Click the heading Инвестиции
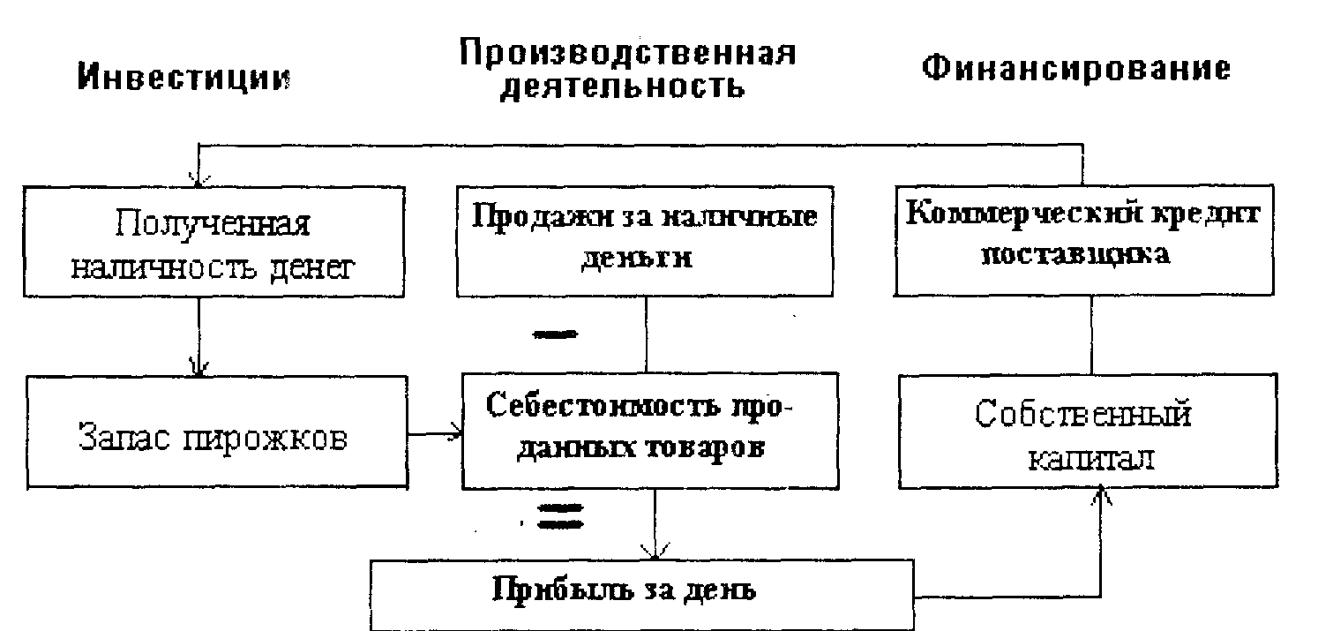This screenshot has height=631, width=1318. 184,78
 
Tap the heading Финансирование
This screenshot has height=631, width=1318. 1075,69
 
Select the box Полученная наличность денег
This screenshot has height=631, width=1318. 211,242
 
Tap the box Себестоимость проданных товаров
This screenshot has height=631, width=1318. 650,428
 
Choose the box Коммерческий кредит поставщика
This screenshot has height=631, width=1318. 1084,238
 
